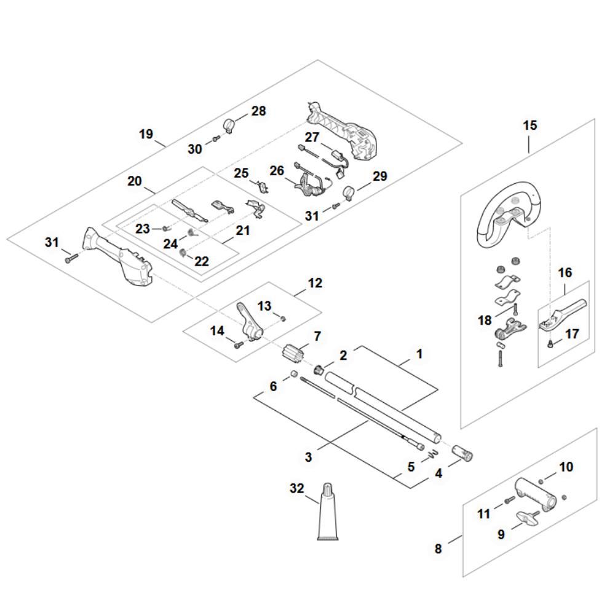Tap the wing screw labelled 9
click(x=526, y=515)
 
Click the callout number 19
click(x=146, y=133)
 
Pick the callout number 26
click(x=277, y=170)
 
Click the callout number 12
click(x=315, y=284)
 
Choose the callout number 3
click(x=309, y=457)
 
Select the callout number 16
click(x=565, y=272)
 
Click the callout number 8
click(x=438, y=549)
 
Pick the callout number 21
click(x=243, y=230)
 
